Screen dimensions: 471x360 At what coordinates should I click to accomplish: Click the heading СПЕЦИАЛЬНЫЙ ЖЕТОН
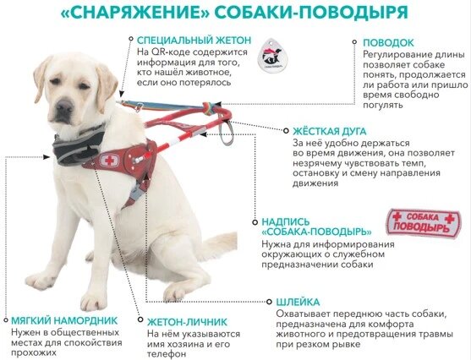coord(194,40)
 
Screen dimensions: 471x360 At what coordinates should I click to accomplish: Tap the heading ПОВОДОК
coord(388,42)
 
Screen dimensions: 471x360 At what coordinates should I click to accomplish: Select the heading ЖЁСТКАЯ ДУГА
coord(330,131)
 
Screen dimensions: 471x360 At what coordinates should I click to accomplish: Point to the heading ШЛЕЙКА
coord(298,302)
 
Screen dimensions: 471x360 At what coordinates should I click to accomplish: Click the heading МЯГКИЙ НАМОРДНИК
coord(64,320)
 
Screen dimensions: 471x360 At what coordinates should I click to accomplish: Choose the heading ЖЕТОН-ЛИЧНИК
coord(187,322)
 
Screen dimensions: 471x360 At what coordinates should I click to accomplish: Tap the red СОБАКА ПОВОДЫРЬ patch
coord(424,223)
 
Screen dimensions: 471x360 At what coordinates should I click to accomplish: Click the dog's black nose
coord(64,106)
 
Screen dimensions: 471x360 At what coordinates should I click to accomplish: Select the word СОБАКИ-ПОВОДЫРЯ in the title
coord(311,13)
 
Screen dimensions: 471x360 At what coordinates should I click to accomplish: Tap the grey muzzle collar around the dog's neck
coord(79,146)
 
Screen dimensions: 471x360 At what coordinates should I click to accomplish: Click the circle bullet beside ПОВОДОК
coord(354,42)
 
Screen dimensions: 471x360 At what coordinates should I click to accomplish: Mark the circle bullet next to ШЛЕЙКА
coord(269,302)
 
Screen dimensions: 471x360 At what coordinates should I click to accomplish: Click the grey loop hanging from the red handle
coord(226,132)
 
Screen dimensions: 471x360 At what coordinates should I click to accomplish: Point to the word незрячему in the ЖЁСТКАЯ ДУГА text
coord(315,164)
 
